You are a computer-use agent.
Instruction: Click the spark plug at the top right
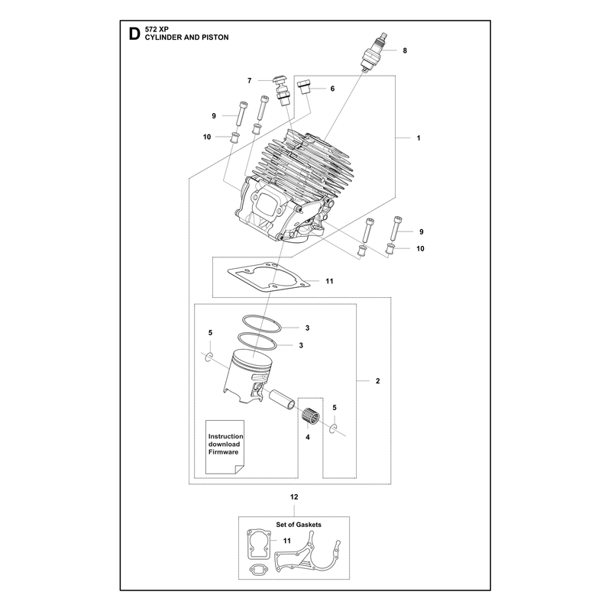373,52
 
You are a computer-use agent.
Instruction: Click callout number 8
405,50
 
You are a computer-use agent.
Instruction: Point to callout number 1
419,138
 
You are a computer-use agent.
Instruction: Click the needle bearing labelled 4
311,415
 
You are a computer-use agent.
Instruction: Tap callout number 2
377,380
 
